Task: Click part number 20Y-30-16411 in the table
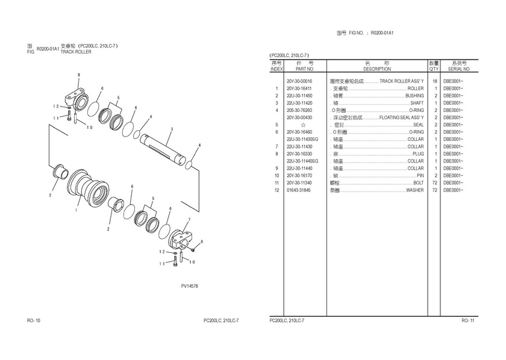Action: [x=299, y=88]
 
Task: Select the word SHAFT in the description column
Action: [x=417, y=103]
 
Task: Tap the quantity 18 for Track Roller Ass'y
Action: [x=434, y=81]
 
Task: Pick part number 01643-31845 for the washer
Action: [x=299, y=190]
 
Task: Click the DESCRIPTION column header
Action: [x=377, y=69]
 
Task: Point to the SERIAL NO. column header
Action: [x=454, y=69]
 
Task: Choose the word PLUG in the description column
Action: [x=418, y=154]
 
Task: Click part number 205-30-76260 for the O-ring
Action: [x=299, y=110]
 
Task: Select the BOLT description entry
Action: [x=418, y=182]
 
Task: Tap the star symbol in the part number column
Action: [x=303, y=125]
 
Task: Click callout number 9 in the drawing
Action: [x=78, y=74]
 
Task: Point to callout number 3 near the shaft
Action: [x=172, y=129]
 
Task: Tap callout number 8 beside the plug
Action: [x=202, y=241]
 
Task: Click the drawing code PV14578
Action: [x=189, y=286]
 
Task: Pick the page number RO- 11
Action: [x=469, y=320]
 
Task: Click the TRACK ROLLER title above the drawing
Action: [x=76, y=52]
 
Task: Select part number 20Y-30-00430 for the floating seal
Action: [x=299, y=117]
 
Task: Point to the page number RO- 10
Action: [x=33, y=320]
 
